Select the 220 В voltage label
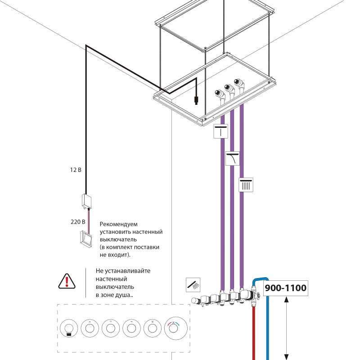(77, 222)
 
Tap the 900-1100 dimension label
(285, 288)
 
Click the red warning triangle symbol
(67, 281)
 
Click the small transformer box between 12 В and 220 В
(87, 200)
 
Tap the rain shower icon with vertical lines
(246, 185)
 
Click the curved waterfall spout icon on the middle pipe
(233, 158)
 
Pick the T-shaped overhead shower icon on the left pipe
(220, 131)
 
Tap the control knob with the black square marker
(68, 328)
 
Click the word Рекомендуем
(119, 224)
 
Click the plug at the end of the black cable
(196, 100)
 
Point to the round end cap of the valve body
(194, 301)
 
